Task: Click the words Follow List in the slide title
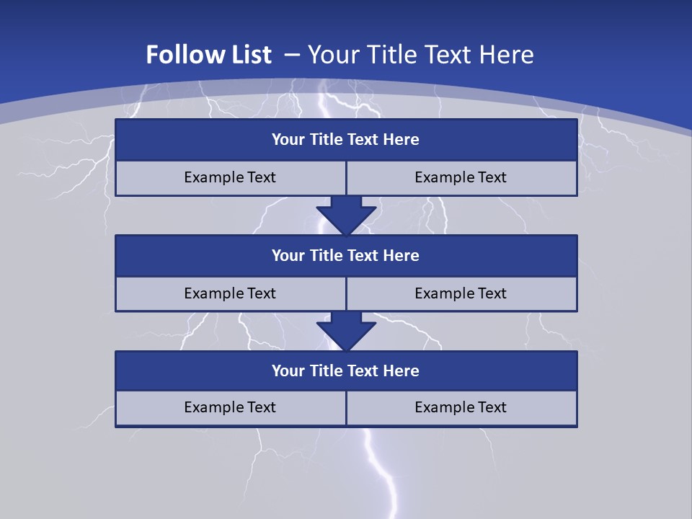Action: click(x=208, y=55)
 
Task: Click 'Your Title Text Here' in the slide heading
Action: click(x=420, y=55)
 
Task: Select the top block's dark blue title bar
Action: click(x=346, y=140)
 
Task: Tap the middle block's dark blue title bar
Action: click(x=346, y=256)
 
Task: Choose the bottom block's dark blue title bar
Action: click(x=346, y=371)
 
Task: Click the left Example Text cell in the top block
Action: click(x=231, y=178)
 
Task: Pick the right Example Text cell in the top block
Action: click(x=461, y=178)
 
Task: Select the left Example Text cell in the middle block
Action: click(x=231, y=293)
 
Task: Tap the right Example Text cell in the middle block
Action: click(x=461, y=293)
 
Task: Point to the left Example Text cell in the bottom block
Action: click(x=231, y=408)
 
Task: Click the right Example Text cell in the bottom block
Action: click(x=461, y=408)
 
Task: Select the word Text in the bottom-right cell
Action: click(x=491, y=408)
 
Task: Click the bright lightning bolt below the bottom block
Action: click(x=382, y=469)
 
